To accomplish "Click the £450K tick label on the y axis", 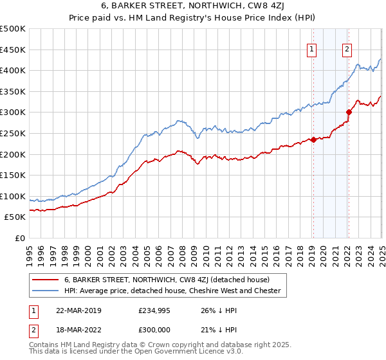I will click(x=13, y=50).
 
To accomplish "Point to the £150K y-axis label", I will click(x=13, y=175).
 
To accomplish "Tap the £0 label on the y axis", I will click(x=19, y=238).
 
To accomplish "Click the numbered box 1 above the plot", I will click(x=312, y=49).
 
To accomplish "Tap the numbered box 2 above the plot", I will click(x=347, y=49).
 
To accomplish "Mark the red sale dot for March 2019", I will click(x=313, y=139).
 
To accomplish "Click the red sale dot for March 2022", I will click(x=349, y=112).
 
